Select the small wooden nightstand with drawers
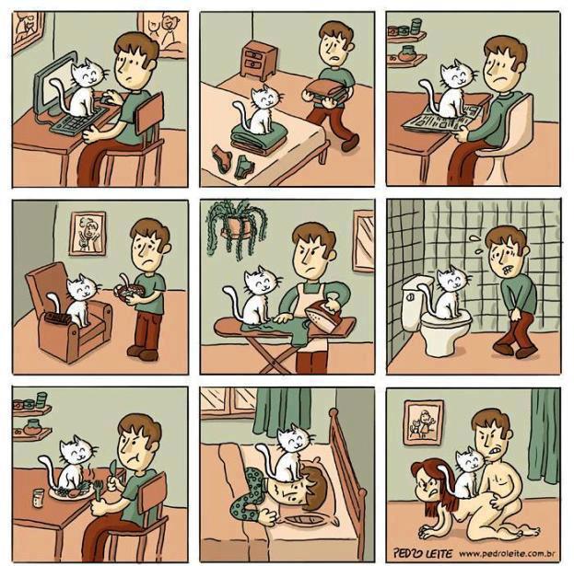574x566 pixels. pyautogui.click(x=258, y=60)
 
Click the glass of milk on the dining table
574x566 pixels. pyautogui.click(x=38, y=498)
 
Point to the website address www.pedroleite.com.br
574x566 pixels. pyautogui.click(x=507, y=553)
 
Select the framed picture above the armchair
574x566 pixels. pyautogui.click(x=88, y=233)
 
